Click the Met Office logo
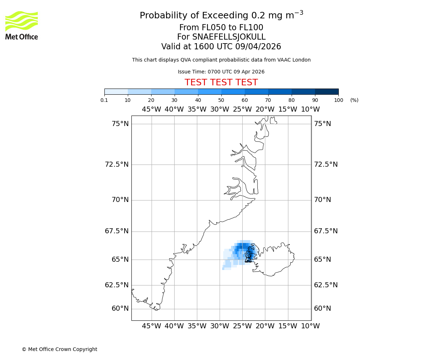click(x=22, y=25)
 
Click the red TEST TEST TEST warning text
click(x=221, y=82)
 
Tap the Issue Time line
click(x=221, y=72)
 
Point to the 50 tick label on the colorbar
click(x=221, y=100)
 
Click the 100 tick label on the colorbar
click(x=338, y=100)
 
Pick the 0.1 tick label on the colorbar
click(x=104, y=100)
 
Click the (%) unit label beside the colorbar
click(x=354, y=100)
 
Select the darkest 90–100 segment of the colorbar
click(x=327, y=91)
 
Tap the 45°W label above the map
click(x=152, y=109)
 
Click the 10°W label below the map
click(x=310, y=326)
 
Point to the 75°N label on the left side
click(x=120, y=124)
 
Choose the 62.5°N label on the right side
click(x=326, y=285)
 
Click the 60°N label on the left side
click(x=120, y=309)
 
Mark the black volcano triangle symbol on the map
click(x=248, y=259)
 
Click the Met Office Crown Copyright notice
click(x=59, y=349)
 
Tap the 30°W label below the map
click(x=220, y=326)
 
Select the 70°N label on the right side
click(x=322, y=200)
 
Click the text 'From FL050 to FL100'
click(x=221, y=28)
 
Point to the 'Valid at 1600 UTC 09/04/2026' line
click(x=221, y=47)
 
